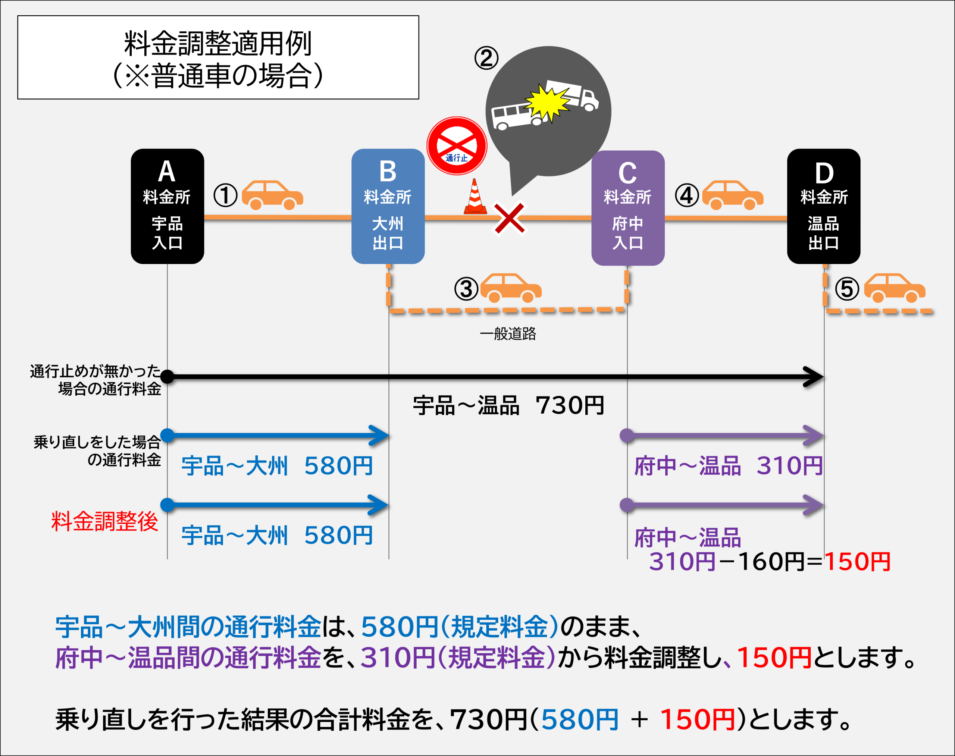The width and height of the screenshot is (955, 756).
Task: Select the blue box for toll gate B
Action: pyautogui.click(x=388, y=206)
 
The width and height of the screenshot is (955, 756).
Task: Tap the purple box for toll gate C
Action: pyautogui.click(x=627, y=208)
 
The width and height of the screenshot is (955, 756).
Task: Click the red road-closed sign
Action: pyautogui.click(x=457, y=145)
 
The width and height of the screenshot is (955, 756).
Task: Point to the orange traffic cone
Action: pyautogui.click(x=475, y=197)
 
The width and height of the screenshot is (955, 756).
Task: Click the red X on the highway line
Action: pyautogui.click(x=509, y=218)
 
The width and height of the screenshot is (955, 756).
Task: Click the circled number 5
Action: pyautogui.click(x=846, y=289)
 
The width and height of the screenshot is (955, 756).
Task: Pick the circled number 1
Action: pyautogui.click(x=225, y=196)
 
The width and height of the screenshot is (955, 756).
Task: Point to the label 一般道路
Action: pyautogui.click(x=508, y=334)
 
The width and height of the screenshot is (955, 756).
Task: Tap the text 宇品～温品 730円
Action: pyautogui.click(x=508, y=405)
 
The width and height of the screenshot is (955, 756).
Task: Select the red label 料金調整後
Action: pyautogui.click(x=104, y=521)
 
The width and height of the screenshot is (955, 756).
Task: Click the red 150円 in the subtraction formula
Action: pyautogui.click(x=857, y=562)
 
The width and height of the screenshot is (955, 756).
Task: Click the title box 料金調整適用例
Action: pyautogui.click(x=218, y=57)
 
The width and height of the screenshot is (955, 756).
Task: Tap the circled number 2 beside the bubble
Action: pyautogui.click(x=486, y=59)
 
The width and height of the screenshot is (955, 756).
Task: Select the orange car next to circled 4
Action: pyautogui.click(x=732, y=195)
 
